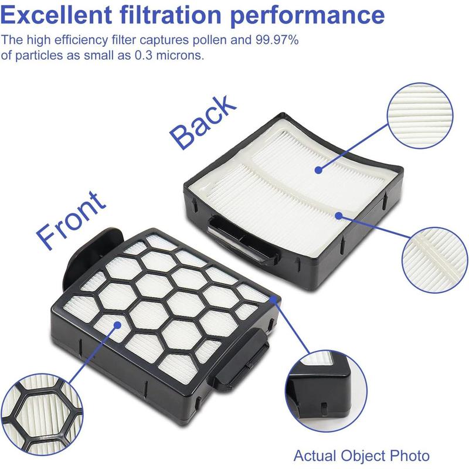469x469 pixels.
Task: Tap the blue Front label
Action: coord(70,217)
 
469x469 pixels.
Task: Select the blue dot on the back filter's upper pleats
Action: coord(318,170)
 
